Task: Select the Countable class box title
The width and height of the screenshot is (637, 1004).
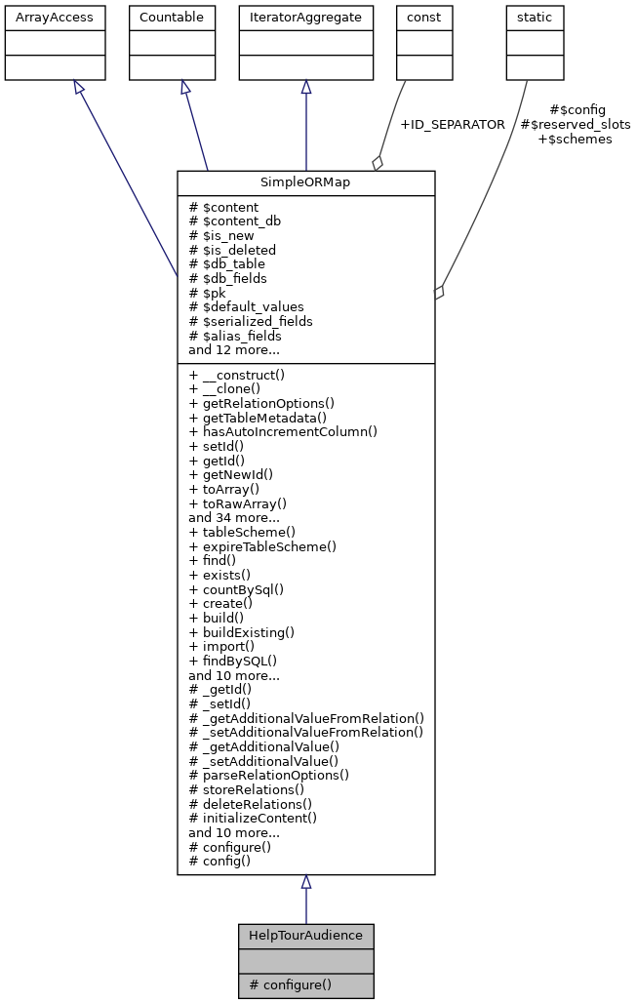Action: pyautogui.click(x=173, y=18)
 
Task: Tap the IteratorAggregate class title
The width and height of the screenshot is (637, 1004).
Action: pyautogui.click(x=305, y=18)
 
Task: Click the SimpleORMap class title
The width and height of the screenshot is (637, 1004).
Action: pyautogui.click(x=305, y=183)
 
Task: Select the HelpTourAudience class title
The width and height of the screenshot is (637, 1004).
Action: pyautogui.click(x=305, y=936)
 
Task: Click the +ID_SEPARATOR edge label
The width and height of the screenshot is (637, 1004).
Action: pyautogui.click(x=452, y=125)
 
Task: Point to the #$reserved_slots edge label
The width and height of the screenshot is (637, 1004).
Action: pyautogui.click(x=575, y=125)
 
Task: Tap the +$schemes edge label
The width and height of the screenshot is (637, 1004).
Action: pyautogui.click(x=575, y=140)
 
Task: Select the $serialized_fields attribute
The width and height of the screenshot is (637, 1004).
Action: pyautogui.click(x=251, y=321)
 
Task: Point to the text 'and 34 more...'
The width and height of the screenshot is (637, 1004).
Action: pyautogui.click(x=234, y=518)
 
